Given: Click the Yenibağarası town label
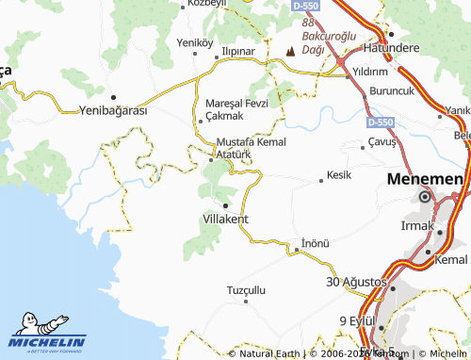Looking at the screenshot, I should [x=112, y=110].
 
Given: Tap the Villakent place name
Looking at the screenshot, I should [x=226, y=219].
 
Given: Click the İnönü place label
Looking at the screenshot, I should [x=316, y=243].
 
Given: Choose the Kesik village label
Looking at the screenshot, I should [x=338, y=175].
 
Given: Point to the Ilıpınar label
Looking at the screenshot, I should [x=236, y=51].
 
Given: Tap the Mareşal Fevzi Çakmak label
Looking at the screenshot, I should [x=231, y=108].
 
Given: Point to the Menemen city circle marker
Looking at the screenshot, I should [x=425, y=198].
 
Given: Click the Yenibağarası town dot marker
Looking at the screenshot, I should [x=113, y=97].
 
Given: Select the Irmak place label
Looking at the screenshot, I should [x=416, y=226].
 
